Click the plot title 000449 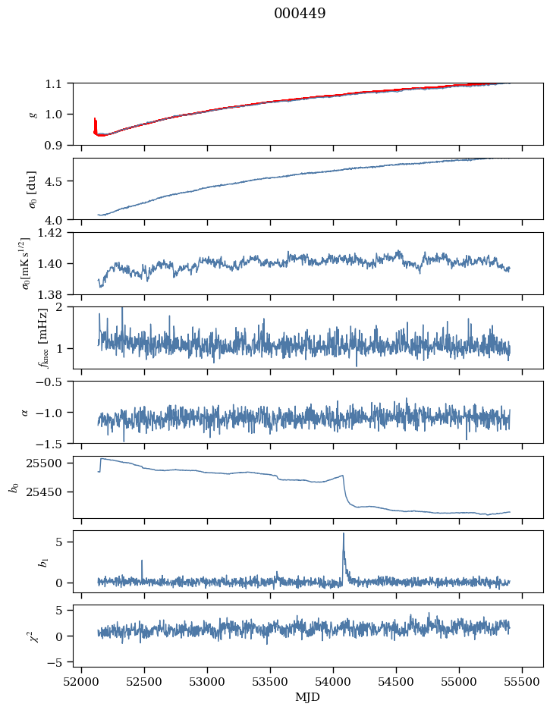[x=300, y=13]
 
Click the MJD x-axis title [x=307, y=697]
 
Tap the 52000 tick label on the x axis [x=81, y=682]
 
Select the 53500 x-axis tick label [x=270, y=682]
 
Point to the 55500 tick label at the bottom [x=522, y=682]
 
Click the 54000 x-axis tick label [x=333, y=682]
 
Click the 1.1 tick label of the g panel [x=53, y=83]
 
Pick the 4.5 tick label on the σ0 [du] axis [x=53, y=181]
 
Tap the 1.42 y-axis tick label [x=51, y=233]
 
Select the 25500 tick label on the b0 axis [x=47, y=463]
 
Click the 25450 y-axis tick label [x=47, y=492]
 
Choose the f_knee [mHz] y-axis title [x=43, y=338]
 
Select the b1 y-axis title [x=43, y=561]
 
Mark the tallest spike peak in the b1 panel [x=344, y=533]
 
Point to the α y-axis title [x=25, y=413]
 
